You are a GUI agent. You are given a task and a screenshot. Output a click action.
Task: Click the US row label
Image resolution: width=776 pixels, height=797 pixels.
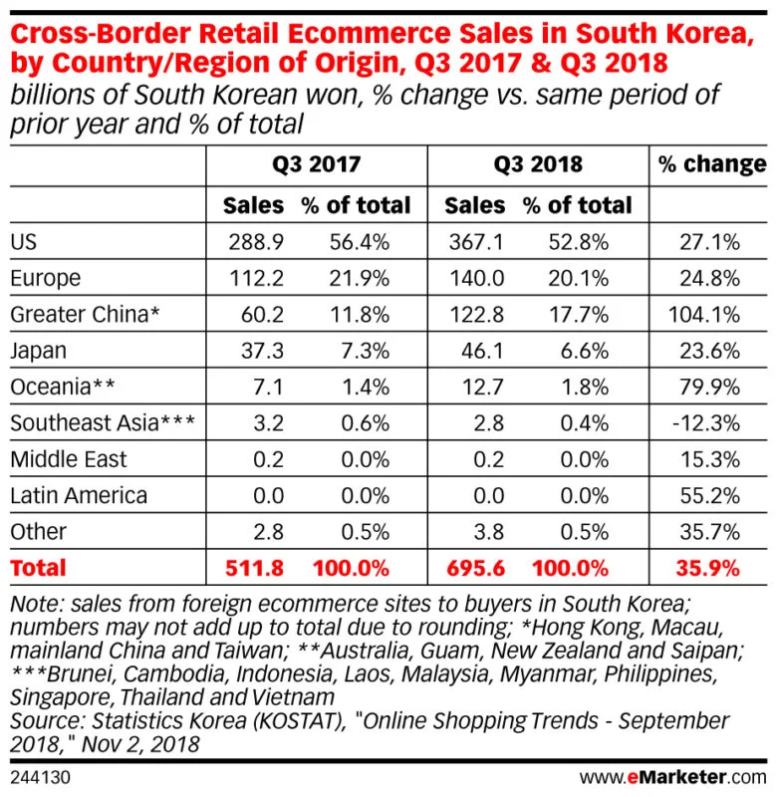point(25,242)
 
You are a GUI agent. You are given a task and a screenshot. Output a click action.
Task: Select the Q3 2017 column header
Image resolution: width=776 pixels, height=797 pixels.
point(316,164)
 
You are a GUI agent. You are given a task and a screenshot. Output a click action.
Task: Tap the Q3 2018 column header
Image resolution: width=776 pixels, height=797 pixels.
point(538,164)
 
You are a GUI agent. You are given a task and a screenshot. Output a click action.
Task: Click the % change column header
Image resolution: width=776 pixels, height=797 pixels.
point(711,164)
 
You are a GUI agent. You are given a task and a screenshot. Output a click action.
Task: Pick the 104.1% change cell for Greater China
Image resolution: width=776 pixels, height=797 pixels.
point(705,315)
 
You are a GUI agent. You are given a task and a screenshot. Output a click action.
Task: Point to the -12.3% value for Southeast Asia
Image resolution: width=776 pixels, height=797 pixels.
point(708,422)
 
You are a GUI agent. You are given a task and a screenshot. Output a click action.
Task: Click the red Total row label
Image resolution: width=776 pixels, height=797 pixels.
point(38,569)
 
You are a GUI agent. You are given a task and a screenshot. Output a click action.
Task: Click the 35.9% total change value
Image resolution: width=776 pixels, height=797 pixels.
point(709,569)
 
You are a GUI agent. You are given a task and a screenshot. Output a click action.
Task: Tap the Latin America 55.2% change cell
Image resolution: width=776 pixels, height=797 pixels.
point(710,495)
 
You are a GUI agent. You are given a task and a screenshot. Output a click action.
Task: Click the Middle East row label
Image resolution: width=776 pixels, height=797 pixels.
point(68,459)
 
